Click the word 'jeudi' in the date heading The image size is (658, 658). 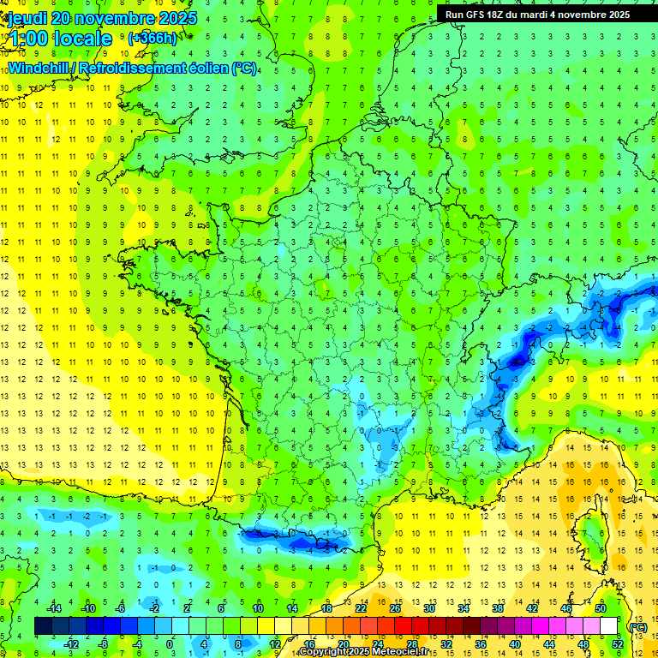pos(26,18)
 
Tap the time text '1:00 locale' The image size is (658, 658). pos(60,39)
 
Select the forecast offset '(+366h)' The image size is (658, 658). pos(153,38)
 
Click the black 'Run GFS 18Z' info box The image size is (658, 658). pos(537,15)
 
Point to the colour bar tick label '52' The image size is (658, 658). pos(618,643)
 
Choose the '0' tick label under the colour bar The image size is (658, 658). pos(169,643)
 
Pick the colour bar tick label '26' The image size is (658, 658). pos(395,609)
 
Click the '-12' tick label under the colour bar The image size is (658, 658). pos(71,643)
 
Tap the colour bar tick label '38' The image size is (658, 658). pos(498,609)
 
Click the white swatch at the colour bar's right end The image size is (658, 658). pos(608,626)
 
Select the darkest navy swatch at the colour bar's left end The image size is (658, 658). pos(43,626)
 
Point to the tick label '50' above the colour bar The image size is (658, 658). pos(601,609)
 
